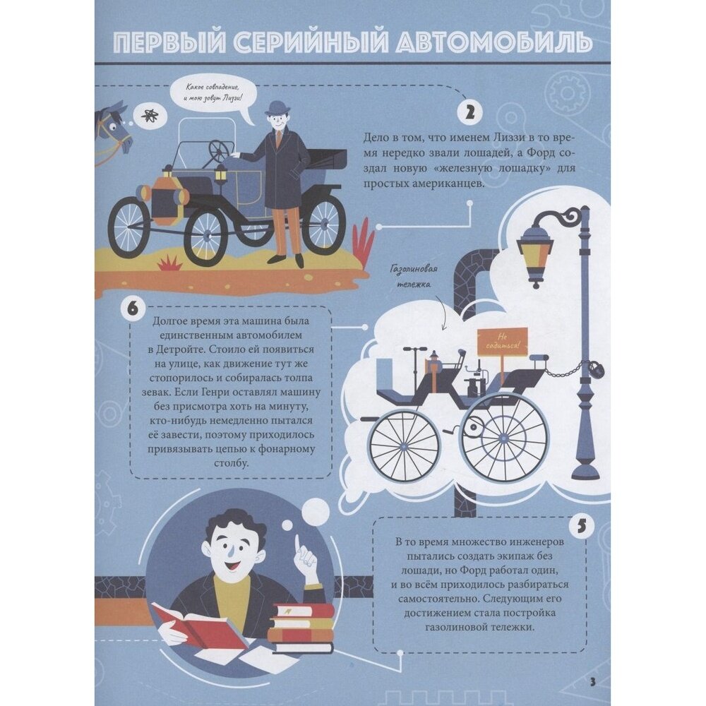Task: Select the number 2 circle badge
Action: (x=469, y=112)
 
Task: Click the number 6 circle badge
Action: (x=133, y=309)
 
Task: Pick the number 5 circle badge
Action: (x=582, y=526)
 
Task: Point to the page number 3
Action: (x=592, y=682)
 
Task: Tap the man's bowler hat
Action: (x=275, y=109)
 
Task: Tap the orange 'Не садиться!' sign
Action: (x=502, y=341)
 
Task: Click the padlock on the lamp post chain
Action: (x=597, y=372)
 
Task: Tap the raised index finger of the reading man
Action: (x=298, y=543)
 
